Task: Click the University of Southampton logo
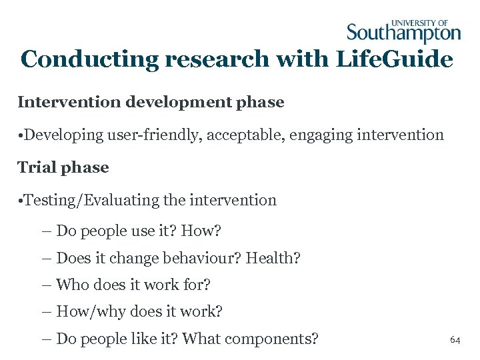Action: pos(403,31)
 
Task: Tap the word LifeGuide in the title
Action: pos(394,59)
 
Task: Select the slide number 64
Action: pos(455,340)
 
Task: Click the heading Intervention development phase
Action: pos(151,102)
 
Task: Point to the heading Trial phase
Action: pos(63,167)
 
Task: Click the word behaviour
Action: pos(204,257)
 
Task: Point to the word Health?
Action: pos(273,257)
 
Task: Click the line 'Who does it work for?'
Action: pos(133,285)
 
